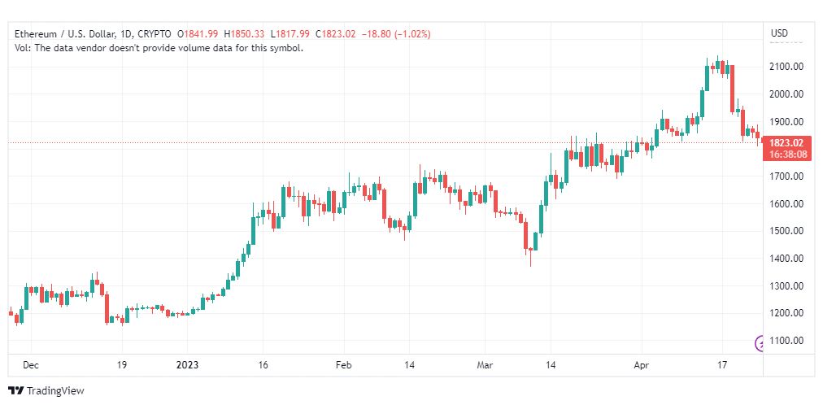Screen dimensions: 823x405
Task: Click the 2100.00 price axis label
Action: (x=787, y=67)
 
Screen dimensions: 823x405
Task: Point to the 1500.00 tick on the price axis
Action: (x=787, y=231)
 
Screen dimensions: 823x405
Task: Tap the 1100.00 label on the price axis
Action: (x=787, y=341)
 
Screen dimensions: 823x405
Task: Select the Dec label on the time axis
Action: (x=31, y=365)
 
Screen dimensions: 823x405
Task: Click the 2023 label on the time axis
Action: (x=187, y=365)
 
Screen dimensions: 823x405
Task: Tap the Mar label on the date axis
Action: (x=485, y=365)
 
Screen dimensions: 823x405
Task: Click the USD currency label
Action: (x=779, y=33)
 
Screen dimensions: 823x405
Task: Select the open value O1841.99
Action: (x=198, y=34)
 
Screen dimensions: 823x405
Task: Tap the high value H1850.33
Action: (x=245, y=34)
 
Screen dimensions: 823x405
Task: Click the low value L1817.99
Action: (x=290, y=34)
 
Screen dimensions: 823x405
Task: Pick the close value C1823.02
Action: (x=335, y=34)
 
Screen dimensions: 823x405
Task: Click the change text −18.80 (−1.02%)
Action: (x=396, y=34)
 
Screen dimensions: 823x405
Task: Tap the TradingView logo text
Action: (x=55, y=391)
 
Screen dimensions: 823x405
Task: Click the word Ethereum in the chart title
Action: (x=34, y=34)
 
